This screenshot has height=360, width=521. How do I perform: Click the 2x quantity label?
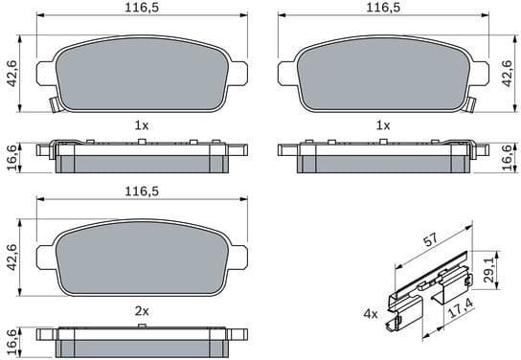142,311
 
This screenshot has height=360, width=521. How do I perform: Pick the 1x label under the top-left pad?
142,125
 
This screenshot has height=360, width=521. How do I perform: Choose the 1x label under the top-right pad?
383,125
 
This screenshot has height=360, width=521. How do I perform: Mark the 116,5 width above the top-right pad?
383,8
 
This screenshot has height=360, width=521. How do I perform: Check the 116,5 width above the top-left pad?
142,8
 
